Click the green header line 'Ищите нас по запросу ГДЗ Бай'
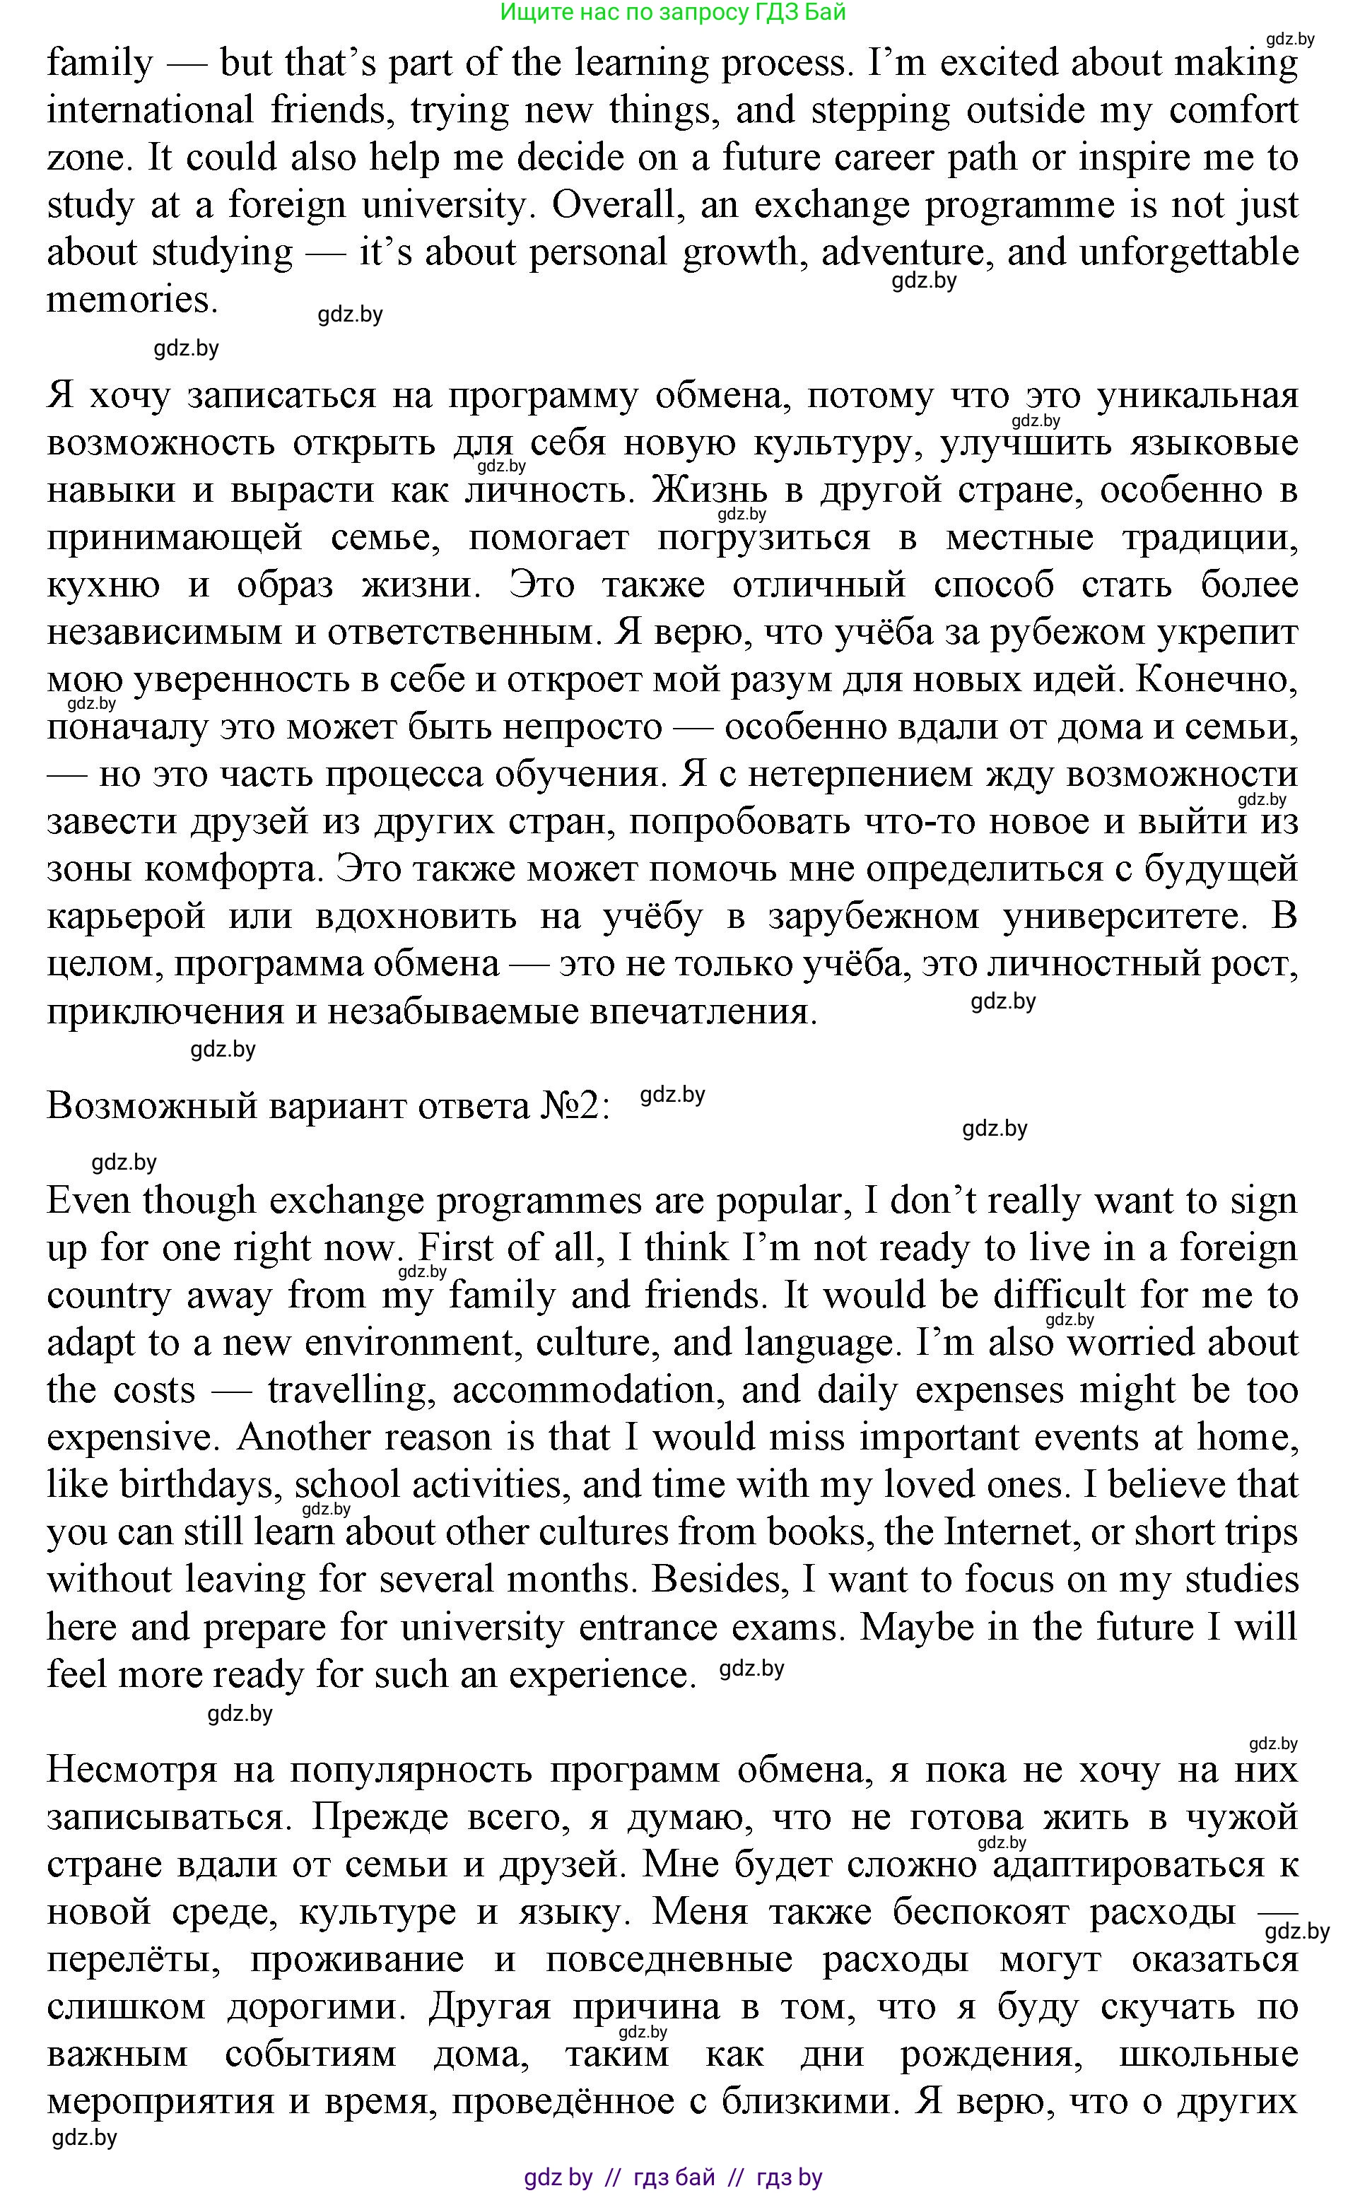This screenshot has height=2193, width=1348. coord(673,13)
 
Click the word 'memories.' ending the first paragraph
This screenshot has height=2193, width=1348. coord(133,300)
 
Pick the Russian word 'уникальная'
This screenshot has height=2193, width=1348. coord(1197,396)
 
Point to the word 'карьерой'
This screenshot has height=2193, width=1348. coord(127,916)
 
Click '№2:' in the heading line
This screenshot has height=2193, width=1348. coord(576,1106)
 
